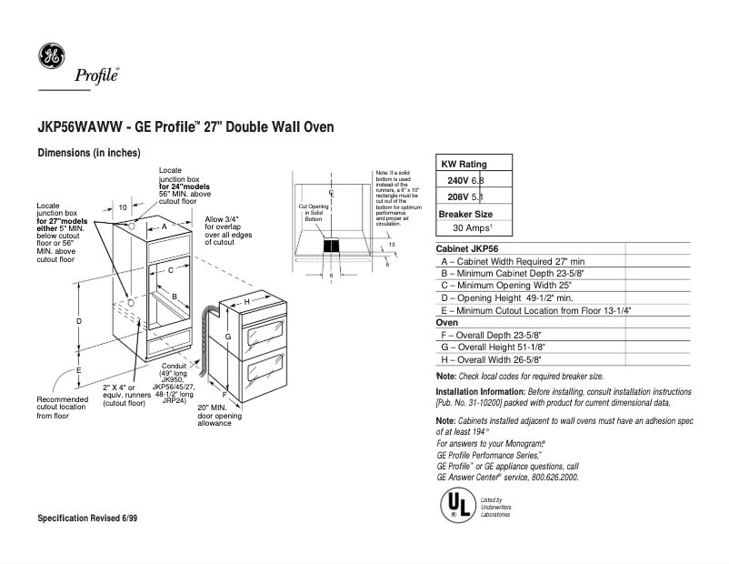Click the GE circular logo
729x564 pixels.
[52, 57]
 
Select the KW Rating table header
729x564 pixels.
[464, 164]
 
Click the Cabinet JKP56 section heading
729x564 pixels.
[467, 248]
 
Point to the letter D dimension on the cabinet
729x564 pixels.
[80, 321]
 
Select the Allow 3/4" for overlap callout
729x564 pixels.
[227, 231]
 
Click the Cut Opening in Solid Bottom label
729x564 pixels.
[314, 213]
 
